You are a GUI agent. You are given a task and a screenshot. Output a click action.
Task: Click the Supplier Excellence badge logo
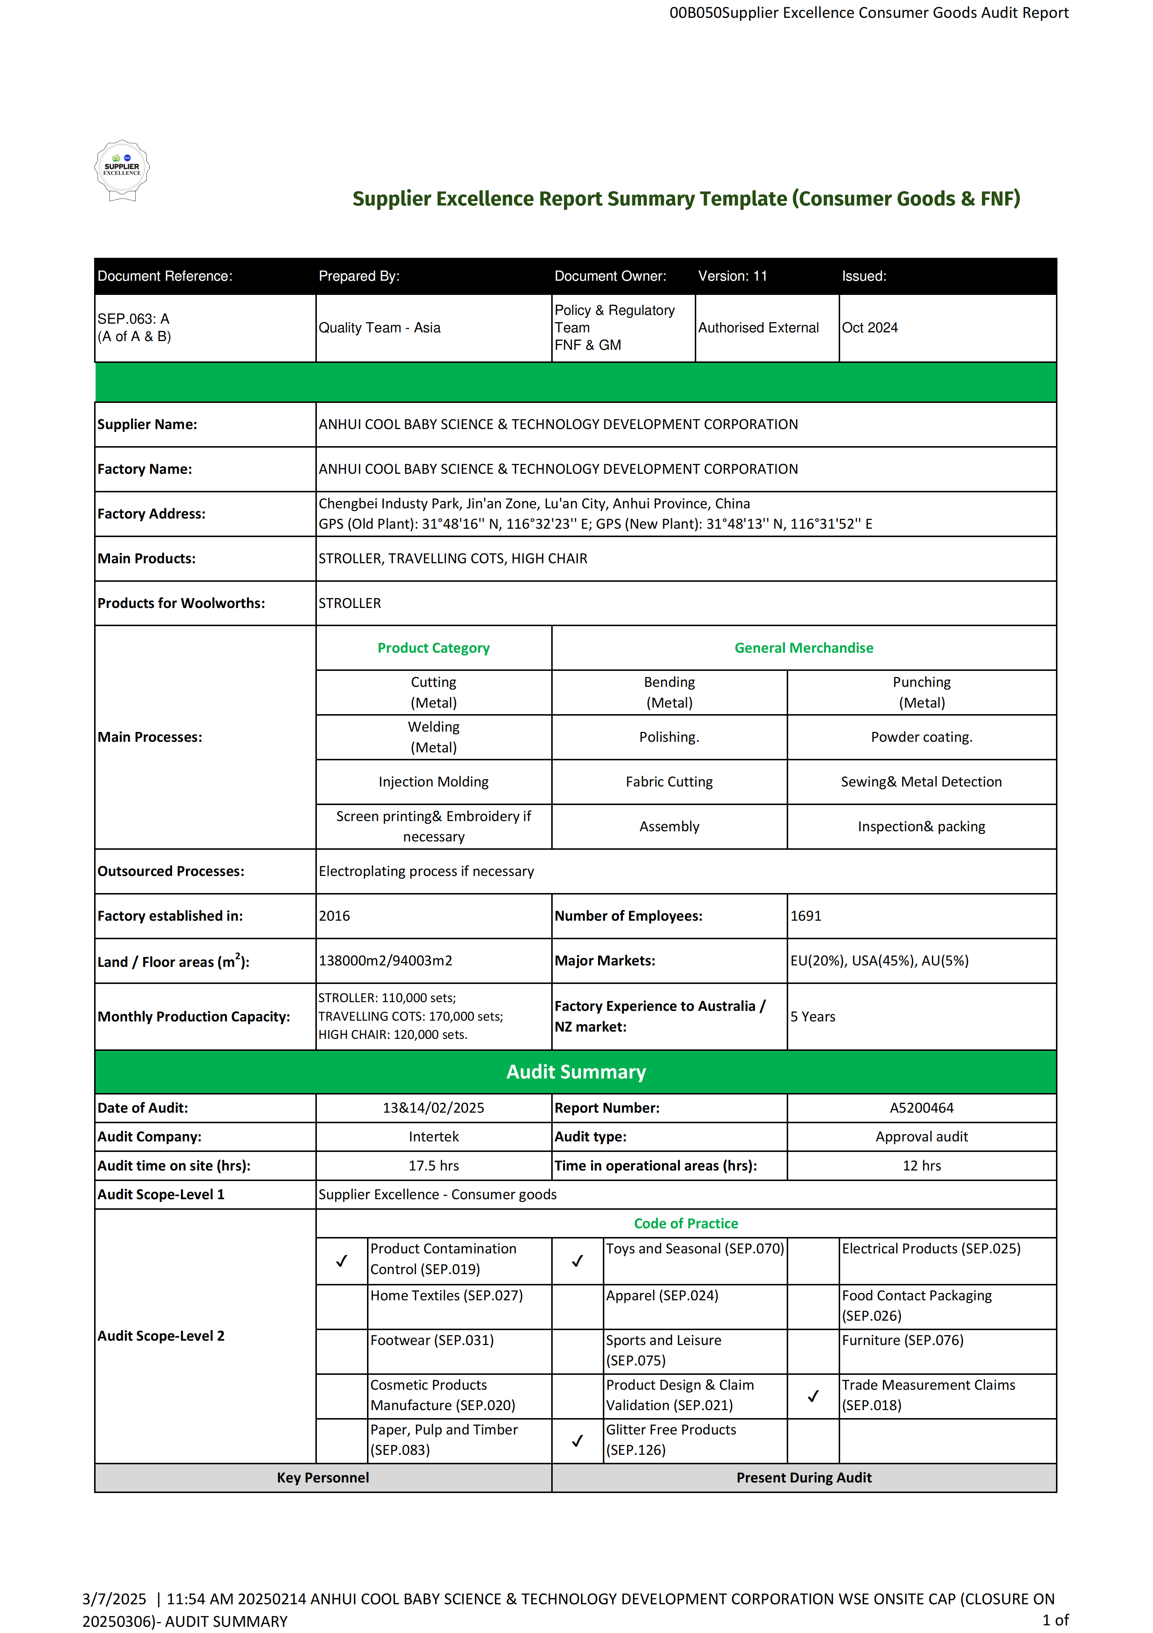coord(122,170)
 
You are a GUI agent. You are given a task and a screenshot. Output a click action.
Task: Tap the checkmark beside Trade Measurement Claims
coord(813,1396)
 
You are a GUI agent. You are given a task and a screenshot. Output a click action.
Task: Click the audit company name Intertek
coord(434,1137)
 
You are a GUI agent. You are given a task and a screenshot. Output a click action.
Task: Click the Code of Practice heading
coord(686,1223)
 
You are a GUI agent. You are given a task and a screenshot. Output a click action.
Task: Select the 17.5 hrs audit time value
coord(434,1166)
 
